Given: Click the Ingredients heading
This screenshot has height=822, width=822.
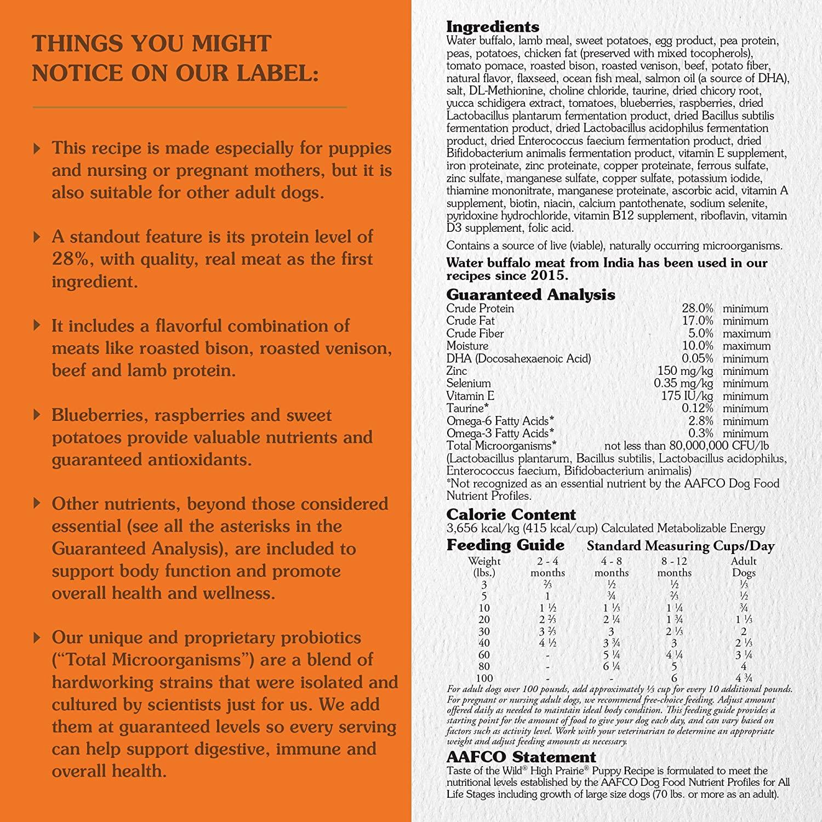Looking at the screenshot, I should coord(493,27).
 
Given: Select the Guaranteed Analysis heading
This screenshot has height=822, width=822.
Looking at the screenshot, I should coord(530,295).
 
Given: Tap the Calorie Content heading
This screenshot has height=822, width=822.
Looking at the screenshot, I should coord(511,515).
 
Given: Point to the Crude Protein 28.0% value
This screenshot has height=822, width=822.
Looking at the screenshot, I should coord(698,309).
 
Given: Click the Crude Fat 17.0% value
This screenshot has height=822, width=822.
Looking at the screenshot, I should coord(698,321).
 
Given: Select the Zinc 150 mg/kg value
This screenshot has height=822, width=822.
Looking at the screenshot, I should coord(685,371).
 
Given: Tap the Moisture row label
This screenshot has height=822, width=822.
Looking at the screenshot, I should coord(467,346).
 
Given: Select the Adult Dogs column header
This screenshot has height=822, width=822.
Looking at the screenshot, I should coord(744,567).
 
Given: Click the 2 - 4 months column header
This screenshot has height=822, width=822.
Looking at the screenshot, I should coord(548,567).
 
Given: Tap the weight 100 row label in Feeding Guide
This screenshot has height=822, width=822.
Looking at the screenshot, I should coord(484,678).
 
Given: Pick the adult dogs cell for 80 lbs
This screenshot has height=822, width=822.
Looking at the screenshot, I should coord(744,667).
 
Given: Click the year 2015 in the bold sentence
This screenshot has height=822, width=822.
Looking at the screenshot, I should coord(550,276).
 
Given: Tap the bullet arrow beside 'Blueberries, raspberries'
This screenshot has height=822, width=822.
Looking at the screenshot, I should coord(37,414).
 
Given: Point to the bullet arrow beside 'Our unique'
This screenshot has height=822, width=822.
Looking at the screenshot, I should coord(37,637).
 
